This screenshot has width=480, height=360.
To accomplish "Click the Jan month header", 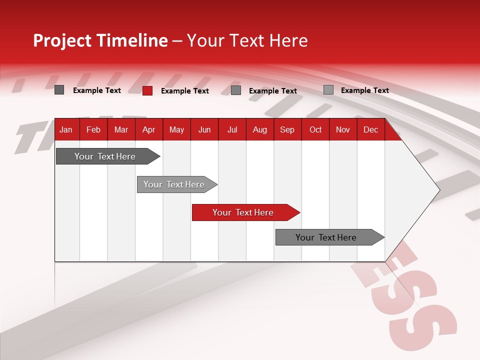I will click(x=66, y=130).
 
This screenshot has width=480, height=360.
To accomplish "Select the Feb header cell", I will click(x=93, y=130).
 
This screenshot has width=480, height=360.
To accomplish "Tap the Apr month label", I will click(x=148, y=130).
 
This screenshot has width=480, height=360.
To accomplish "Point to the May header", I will click(x=176, y=130).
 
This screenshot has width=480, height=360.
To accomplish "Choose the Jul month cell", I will click(x=232, y=130).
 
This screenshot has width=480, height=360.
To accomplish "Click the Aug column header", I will click(x=260, y=130).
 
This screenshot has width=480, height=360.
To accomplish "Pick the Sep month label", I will click(x=287, y=130).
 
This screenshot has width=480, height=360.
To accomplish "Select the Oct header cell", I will click(x=315, y=130).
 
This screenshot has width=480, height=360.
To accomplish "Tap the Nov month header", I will click(x=343, y=130).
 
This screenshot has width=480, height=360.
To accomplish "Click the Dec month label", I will click(x=370, y=130).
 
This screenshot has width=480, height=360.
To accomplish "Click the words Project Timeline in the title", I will click(x=100, y=40).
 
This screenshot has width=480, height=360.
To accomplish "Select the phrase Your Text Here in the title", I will click(x=247, y=40).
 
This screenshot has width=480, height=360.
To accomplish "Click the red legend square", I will click(x=147, y=90).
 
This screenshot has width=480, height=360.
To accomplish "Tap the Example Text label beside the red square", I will click(x=184, y=91).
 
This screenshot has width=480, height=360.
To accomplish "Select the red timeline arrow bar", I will click(x=243, y=212).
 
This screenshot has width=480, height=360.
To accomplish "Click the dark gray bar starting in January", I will click(x=105, y=156).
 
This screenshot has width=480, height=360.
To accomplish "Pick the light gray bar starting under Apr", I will click(x=174, y=184).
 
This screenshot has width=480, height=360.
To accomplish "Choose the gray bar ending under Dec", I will click(x=326, y=237).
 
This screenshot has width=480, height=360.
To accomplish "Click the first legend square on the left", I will click(x=59, y=90).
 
